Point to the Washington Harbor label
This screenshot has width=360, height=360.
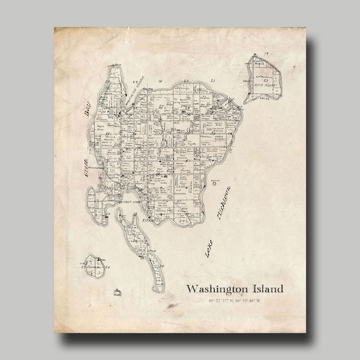pos(133,88)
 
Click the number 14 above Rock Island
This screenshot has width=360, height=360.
pos(265,55)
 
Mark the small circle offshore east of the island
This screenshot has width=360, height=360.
pos(214,186)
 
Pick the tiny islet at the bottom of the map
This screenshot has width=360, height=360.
pos(118,292)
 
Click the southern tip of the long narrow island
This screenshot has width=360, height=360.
pos(157,290)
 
